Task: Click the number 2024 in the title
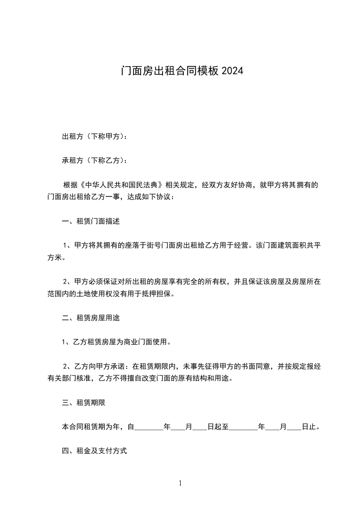pos(232,71)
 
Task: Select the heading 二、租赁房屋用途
pos(90,318)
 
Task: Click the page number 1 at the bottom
pos(180,483)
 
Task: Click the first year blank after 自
pos(149,427)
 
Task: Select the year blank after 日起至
pos(244,427)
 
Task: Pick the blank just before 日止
pos(294,427)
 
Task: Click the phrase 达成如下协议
pos(147,197)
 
